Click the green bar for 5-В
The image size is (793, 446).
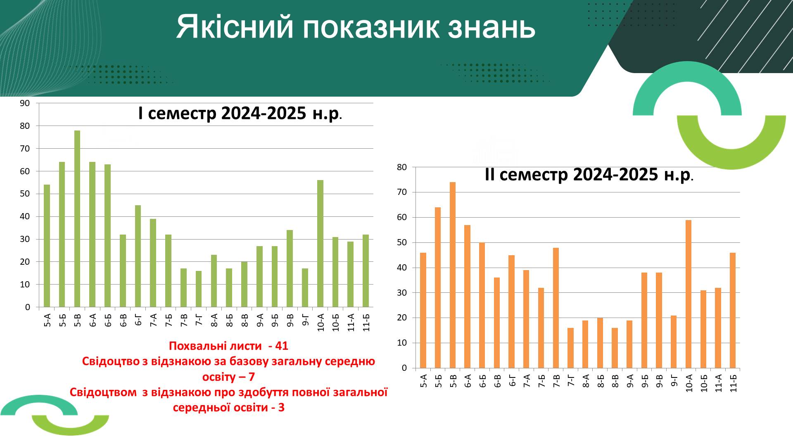tap(77, 219)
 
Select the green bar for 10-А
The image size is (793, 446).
tap(320, 244)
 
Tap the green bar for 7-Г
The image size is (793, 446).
tap(199, 289)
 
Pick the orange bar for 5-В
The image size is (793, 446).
tap(453, 275)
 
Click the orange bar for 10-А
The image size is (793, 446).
tap(689, 294)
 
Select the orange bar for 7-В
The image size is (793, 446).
tap(556, 308)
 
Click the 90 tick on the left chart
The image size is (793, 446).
tap(25, 103)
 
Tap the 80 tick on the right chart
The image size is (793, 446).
tap(402, 167)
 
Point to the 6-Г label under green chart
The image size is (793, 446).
tap(138, 320)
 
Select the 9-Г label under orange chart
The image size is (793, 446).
tap(674, 380)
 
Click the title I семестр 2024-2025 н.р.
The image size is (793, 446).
tap(240, 113)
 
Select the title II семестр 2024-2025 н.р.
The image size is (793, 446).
tap(589, 175)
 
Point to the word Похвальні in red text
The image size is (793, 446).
tap(194, 346)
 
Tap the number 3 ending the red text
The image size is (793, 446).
tap(281, 408)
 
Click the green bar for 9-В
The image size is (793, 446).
tap(290, 268)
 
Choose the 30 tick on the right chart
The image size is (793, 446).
tap(402, 293)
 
